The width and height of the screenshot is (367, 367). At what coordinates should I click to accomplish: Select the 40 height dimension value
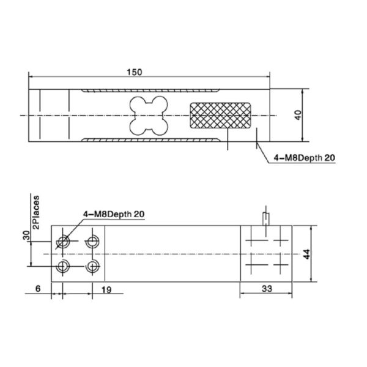(x=298, y=115)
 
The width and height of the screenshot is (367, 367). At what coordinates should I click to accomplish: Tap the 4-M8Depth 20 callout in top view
(x=304, y=157)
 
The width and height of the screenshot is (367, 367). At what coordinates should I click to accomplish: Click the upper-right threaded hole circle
(x=93, y=240)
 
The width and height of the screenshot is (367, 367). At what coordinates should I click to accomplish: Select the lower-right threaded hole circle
(x=93, y=266)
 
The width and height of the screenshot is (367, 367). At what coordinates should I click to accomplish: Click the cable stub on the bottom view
(x=265, y=218)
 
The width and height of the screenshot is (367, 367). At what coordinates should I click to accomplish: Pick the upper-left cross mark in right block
(x=253, y=240)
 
